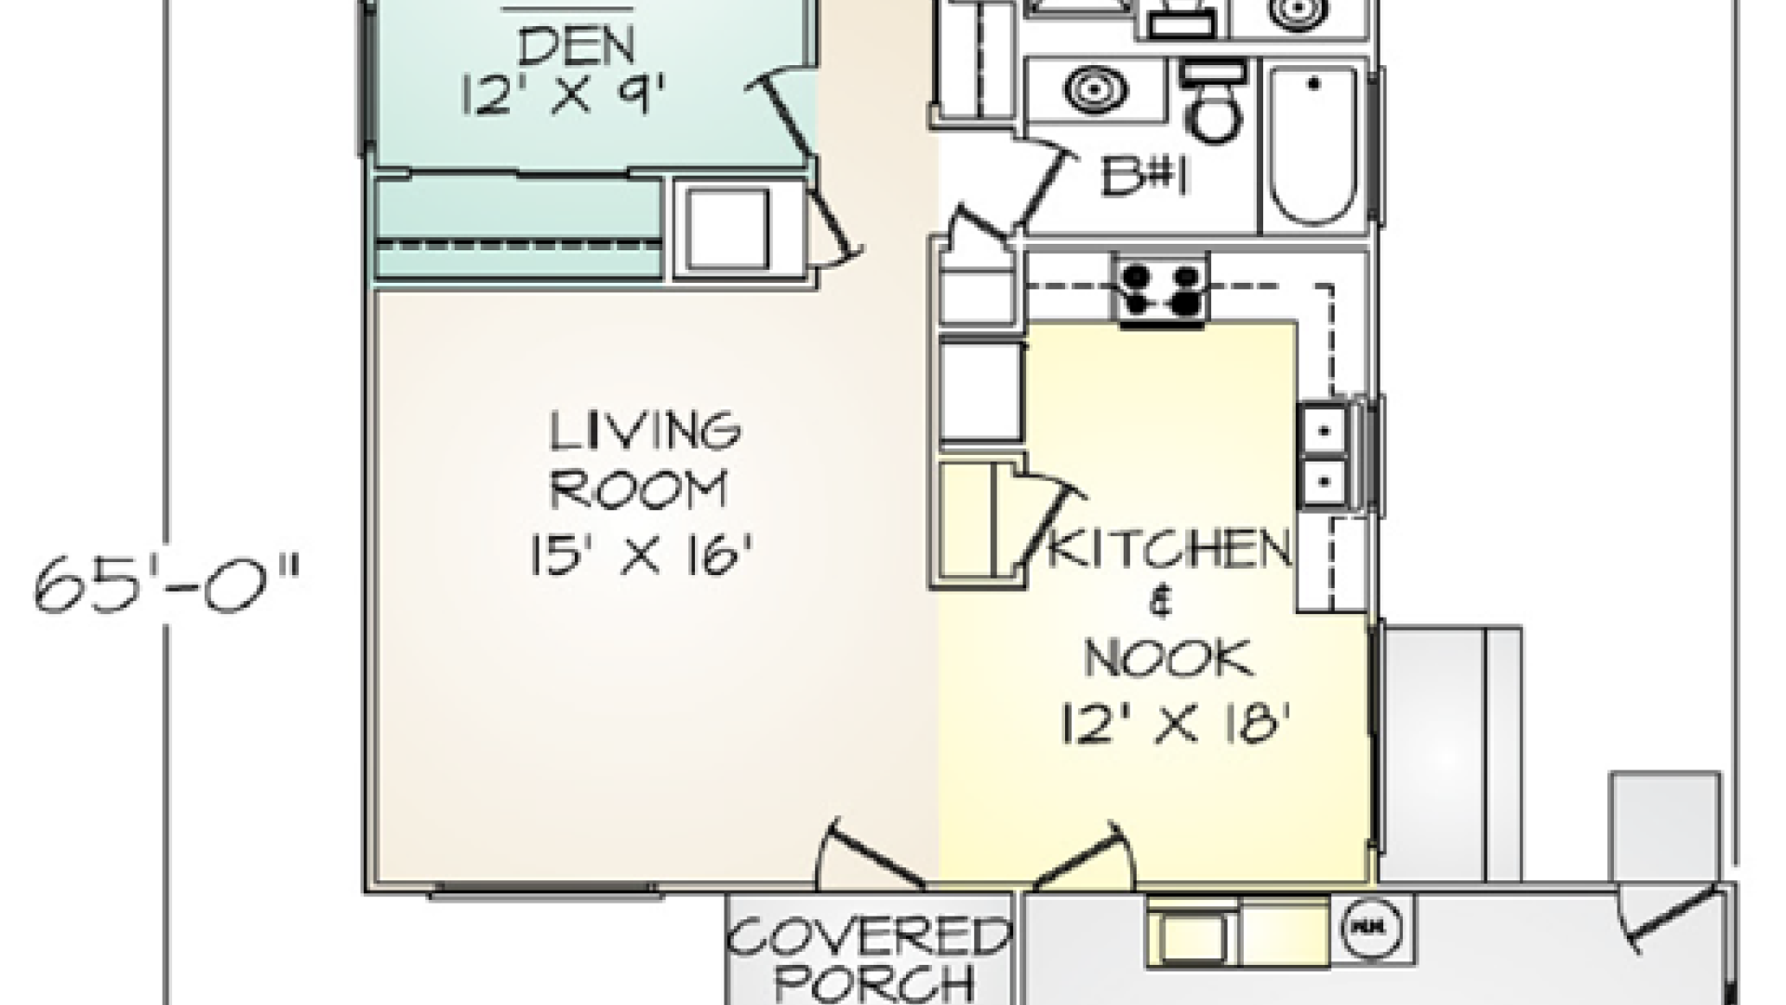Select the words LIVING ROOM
point(644,460)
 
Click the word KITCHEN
point(1170,550)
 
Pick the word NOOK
point(1168,659)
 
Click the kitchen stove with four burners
point(1163,289)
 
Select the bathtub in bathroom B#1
point(1313,146)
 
